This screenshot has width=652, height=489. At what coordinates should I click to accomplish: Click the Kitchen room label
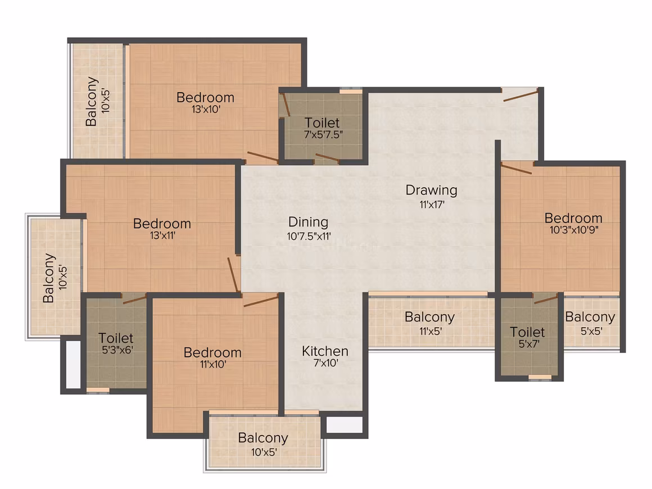(x=325, y=351)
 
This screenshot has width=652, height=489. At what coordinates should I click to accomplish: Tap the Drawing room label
(x=432, y=190)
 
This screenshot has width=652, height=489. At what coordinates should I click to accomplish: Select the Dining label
(x=308, y=222)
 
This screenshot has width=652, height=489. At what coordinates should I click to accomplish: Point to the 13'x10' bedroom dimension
(x=206, y=110)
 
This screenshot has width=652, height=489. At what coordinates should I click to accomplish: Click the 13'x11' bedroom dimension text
(x=162, y=236)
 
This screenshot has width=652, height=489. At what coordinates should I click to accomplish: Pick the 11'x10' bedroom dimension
(x=213, y=364)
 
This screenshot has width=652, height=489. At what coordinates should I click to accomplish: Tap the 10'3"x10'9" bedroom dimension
(x=574, y=230)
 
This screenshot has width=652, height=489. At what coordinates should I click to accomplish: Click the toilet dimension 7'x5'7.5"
(x=323, y=135)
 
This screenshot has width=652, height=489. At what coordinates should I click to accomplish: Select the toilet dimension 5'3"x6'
(x=117, y=350)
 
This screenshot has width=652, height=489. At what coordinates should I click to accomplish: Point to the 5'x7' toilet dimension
(x=529, y=344)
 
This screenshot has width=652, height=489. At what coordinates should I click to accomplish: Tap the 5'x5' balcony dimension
(x=591, y=332)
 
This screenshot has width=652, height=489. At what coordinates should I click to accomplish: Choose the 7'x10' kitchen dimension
(x=325, y=363)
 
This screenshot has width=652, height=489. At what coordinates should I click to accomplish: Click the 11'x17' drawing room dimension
(x=432, y=204)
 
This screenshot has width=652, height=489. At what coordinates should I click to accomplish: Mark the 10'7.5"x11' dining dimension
(x=309, y=237)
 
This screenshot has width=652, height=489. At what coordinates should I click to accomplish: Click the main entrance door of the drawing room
(x=520, y=95)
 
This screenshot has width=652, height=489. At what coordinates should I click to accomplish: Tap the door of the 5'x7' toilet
(x=546, y=298)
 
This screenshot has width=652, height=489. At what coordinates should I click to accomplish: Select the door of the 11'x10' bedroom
(x=261, y=301)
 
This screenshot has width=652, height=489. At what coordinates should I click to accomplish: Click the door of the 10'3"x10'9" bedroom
(x=517, y=168)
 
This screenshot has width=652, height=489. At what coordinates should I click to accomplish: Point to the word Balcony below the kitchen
(x=263, y=438)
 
